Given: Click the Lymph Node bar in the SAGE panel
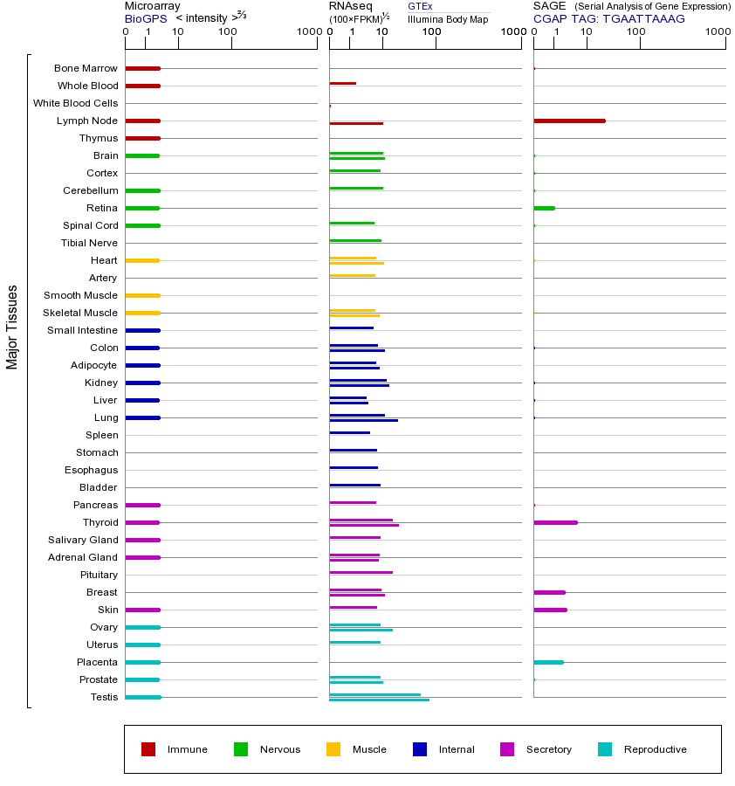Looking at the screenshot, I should coord(569,121).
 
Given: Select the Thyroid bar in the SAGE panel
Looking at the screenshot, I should coord(555,522).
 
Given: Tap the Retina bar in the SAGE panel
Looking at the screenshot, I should coord(544,208).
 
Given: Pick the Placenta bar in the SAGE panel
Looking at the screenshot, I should coord(548,662).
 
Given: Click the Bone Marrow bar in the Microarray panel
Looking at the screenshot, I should coord(142,68).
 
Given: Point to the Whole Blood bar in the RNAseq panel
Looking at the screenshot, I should coord(342,83).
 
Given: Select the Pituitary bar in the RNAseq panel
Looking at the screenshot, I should coord(361,572).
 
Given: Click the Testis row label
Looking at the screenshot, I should coord(104,697).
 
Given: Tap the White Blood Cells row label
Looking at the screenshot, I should coord(75,103).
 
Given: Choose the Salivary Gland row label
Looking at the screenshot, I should coord(83,540).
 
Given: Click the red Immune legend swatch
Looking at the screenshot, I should coord(148,749).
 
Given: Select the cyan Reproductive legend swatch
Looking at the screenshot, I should coord(605,749).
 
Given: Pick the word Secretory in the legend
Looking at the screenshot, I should coord(549,749).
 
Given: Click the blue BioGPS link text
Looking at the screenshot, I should coord(143,18).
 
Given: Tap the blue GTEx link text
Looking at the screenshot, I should coord(420,6).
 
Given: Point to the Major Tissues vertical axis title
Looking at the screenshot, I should coord(12,327).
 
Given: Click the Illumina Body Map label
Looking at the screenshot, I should coord(448,18).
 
